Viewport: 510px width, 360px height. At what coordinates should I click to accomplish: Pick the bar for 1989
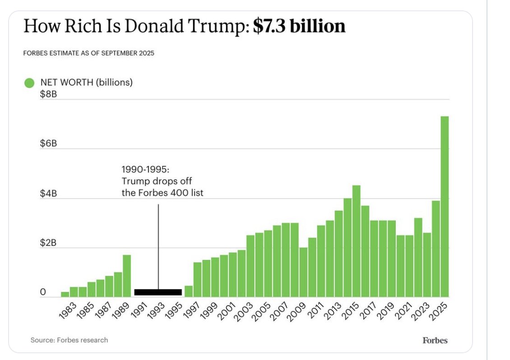pos(127,276)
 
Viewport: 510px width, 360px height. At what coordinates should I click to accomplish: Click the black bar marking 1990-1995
pos(158,292)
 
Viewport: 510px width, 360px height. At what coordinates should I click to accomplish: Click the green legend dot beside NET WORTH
pos(29,83)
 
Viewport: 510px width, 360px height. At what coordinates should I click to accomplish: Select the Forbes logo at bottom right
pos(435,341)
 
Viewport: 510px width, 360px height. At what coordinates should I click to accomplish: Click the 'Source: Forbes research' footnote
pos(69,340)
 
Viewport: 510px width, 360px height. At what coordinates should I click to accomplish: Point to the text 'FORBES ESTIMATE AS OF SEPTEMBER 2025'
pos(88,53)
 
